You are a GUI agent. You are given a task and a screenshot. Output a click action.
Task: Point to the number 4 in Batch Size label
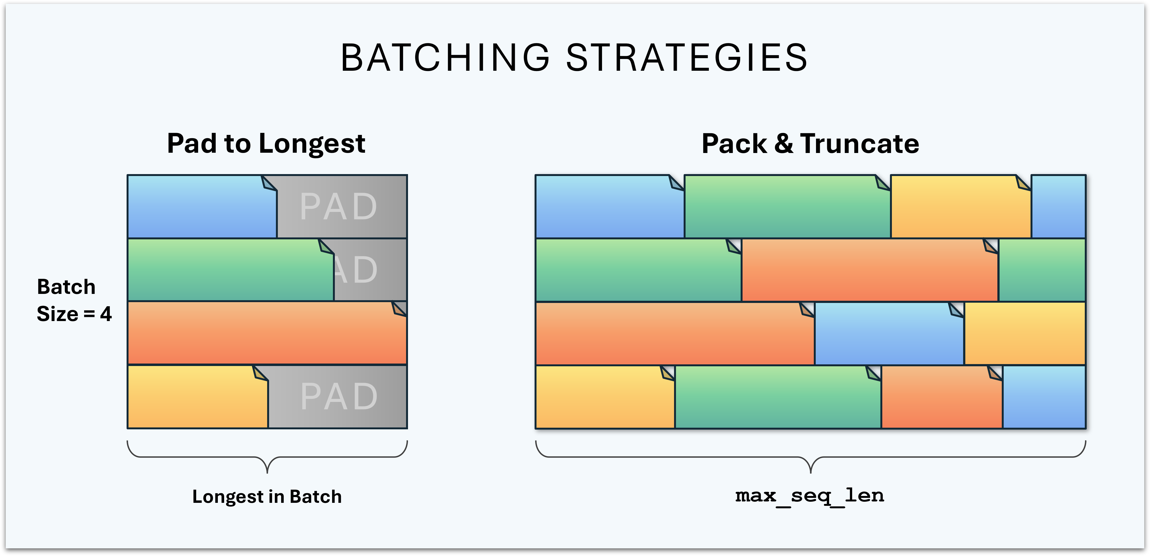[x=106, y=314]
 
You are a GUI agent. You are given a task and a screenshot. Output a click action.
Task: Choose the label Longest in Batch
[x=267, y=497]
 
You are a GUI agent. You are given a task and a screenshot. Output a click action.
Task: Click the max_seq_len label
[x=810, y=495]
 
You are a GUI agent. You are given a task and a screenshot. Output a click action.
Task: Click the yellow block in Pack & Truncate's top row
[x=960, y=207]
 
